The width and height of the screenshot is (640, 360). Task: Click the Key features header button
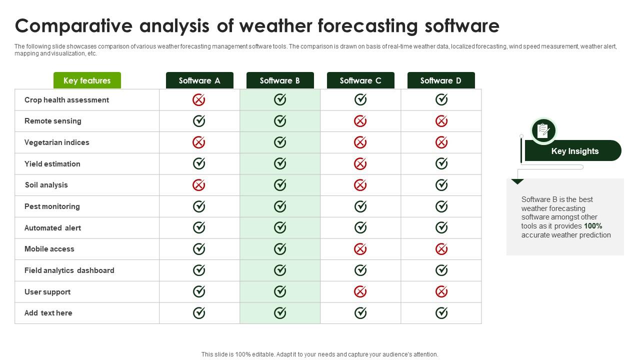(x=87, y=80)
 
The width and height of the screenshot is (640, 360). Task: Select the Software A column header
(x=199, y=80)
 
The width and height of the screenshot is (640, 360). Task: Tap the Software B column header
(x=280, y=80)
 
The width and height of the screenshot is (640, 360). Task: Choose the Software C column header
(x=360, y=80)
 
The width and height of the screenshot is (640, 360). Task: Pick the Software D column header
(x=441, y=80)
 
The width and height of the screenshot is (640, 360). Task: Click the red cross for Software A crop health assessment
(x=199, y=100)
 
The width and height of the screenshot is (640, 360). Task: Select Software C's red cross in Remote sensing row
(x=360, y=121)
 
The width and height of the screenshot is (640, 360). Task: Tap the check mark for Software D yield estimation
(x=441, y=163)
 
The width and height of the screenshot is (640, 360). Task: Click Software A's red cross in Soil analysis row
(x=199, y=185)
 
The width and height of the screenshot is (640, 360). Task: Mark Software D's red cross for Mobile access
(x=441, y=249)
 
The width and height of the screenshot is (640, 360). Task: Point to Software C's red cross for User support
(x=360, y=291)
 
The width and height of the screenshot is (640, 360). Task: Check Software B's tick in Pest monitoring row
(x=280, y=206)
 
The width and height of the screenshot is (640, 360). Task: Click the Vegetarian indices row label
(x=57, y=142)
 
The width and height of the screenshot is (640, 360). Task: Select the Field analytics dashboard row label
(x=69, y=270)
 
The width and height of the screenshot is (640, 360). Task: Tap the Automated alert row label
(x=52, y=228)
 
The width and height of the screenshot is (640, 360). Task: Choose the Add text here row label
(x=48, y=313)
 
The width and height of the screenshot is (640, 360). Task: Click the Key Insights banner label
(x=574, y=151)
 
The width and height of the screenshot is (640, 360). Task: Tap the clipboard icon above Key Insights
(x=543, y=130)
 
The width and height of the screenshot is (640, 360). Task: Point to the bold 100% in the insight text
(x=593, y=226)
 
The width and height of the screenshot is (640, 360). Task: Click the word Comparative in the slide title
(x=73, y=26)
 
